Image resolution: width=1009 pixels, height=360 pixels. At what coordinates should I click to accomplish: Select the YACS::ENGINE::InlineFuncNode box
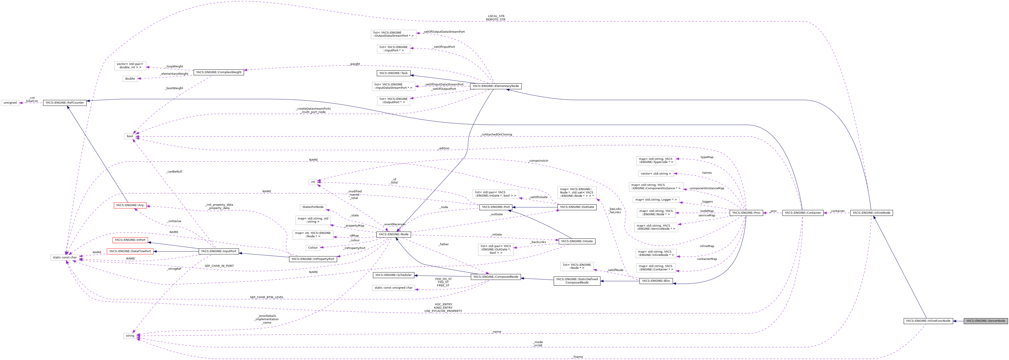[928, 321]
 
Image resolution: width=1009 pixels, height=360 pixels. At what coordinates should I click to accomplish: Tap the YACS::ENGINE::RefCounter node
[65, 103]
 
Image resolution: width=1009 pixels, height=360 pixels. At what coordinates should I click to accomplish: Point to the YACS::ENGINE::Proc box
[746, 213]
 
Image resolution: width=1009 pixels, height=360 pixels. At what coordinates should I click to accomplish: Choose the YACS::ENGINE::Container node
[803, 213]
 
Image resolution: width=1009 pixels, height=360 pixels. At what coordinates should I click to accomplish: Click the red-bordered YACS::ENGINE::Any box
[130, 205]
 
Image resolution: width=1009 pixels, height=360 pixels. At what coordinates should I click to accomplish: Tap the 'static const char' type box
[65, 257]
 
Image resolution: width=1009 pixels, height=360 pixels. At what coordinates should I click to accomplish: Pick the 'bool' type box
[130, 136]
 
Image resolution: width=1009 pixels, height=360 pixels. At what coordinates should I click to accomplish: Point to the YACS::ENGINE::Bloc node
[656, 281]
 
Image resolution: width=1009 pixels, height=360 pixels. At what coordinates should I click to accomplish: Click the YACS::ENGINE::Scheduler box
[393, 275]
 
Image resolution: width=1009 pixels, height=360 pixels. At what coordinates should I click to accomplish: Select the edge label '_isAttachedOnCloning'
[496, 134]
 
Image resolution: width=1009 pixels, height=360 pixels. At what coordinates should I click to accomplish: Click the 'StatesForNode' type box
[313, 207]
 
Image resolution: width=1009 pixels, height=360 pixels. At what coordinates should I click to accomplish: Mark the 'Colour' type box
[313, 247]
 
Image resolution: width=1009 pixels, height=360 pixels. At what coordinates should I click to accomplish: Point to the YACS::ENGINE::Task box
[393, 73]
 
